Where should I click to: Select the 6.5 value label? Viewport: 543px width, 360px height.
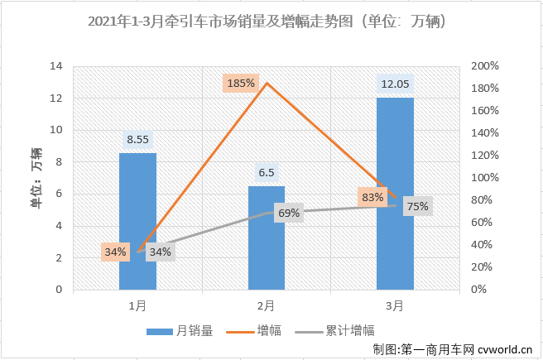tap(267, 174)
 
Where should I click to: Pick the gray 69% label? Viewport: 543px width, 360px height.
tap(289, 214)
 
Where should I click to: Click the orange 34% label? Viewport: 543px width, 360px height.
tap(115, 252)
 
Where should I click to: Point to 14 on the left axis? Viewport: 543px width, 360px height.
tap(56, 66)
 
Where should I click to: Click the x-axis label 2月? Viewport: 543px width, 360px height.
tap(266, 305)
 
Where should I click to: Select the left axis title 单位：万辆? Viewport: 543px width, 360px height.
tap(36, 178)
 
